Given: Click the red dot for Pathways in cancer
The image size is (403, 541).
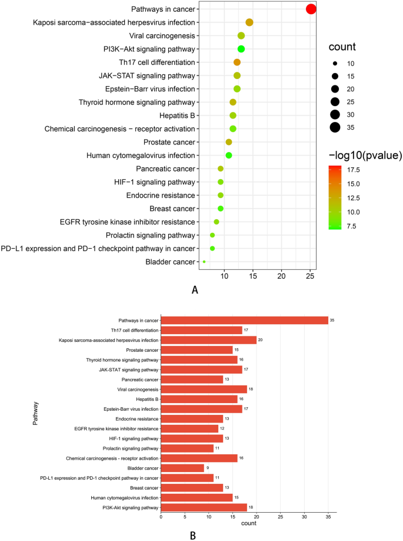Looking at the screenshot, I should tap(311, 9).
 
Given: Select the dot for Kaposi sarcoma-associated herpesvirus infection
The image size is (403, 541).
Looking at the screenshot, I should tap(249, 22).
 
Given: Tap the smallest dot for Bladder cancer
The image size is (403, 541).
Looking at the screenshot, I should tap(204, 262).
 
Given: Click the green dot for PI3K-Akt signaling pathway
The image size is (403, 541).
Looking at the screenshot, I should tap(241, 49).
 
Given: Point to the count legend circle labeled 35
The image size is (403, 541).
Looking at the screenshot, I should tap(335, 127).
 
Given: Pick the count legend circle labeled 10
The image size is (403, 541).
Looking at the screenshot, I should tap(335, 63).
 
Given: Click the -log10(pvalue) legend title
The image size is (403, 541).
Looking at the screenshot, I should tap(365, 156).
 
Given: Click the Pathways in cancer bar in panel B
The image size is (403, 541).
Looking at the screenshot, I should tap(244, 320).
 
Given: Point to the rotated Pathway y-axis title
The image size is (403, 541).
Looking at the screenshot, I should tap(35, 413).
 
